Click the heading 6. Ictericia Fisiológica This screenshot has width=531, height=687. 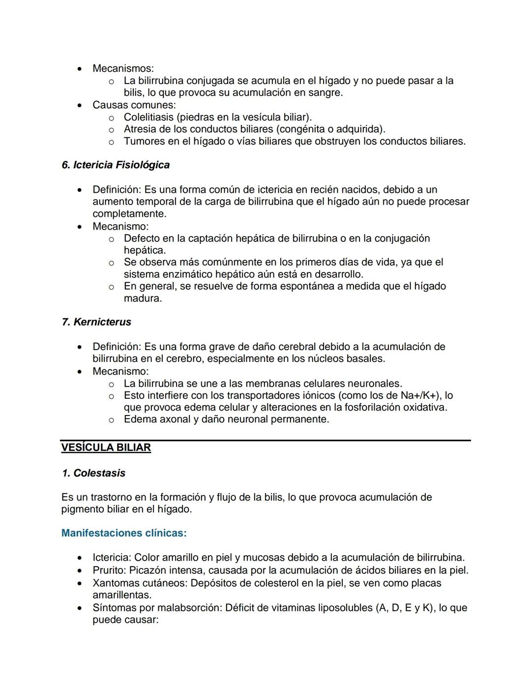[x=116, y=165]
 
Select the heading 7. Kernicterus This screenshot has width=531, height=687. [x=96, y=322]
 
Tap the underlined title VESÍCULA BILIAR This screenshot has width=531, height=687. [x=106, y=448]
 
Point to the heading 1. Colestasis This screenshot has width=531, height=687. [x=93, y=473]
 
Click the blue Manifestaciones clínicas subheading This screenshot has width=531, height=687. [x=124, y=533]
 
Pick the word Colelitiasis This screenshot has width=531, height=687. [x=148, y=117]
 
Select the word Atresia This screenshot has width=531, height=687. [x=141, y=129]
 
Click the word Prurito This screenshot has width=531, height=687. [x=110, y=570]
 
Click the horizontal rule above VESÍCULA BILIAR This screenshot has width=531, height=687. [x=265, y=440]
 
